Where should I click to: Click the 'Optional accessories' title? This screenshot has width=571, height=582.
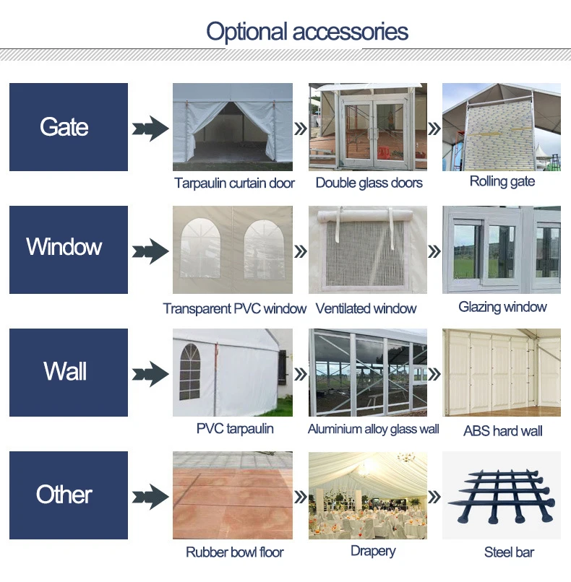[307, 32]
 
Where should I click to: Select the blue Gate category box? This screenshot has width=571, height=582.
[69, 127]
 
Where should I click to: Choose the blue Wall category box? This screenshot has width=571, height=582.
[69, 372]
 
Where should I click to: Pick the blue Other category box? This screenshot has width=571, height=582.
[69, 495]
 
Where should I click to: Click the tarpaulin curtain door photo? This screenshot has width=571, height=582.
[233, 123]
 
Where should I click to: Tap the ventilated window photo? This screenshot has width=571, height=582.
[368, 249]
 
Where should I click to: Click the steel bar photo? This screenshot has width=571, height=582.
[502, 495]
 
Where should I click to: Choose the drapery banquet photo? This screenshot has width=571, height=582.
[368, 495]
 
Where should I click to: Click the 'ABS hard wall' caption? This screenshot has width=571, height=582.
[503, 431]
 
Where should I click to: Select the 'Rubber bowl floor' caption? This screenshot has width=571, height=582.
[235, 552]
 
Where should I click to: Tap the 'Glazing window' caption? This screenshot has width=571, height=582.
[502, 307]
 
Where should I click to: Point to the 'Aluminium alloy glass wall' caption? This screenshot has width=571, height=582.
[374, 429]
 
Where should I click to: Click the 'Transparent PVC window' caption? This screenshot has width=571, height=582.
[235, 308]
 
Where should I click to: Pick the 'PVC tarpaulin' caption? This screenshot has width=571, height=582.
[235, 428]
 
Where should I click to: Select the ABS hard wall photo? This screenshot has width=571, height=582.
[502, 372]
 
